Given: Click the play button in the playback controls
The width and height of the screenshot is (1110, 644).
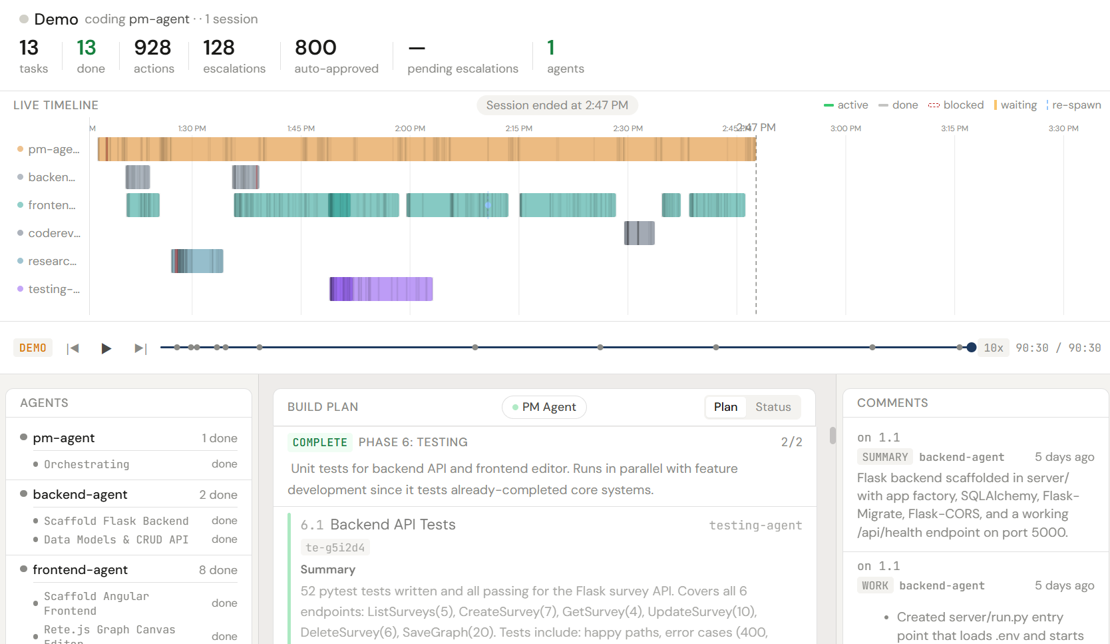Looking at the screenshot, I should point(106,348).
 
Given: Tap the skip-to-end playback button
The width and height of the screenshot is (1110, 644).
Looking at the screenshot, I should point(140,348).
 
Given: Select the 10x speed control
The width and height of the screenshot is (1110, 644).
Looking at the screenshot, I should point(993,348).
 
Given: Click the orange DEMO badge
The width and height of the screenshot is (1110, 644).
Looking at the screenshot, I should point(33,348).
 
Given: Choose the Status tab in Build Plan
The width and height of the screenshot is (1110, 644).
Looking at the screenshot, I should point(773,407).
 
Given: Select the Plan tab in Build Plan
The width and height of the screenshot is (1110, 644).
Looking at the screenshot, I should point(725,407).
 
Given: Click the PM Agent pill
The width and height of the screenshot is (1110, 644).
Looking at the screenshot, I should point(544,407).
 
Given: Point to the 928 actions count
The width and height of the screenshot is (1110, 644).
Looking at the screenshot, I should point(152,48).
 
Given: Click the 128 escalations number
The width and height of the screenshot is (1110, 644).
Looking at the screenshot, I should point(219,48).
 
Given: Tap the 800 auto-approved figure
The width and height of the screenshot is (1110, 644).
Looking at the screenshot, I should point(315,48).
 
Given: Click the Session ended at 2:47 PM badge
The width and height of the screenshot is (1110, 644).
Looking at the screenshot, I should point(557,105).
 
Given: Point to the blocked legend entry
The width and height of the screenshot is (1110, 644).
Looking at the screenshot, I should point(956,105).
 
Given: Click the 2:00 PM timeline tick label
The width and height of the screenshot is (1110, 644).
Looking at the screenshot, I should point(410,129).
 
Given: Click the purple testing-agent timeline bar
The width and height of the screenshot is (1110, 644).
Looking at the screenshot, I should point(381,289).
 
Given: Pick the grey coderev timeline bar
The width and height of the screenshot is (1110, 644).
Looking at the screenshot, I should point(639,233).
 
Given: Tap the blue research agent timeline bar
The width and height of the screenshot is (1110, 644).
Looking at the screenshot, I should point(197,261).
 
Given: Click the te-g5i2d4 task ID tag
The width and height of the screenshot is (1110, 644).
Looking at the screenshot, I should point(335,547).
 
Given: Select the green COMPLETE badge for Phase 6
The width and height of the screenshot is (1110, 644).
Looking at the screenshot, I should point(319,442).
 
